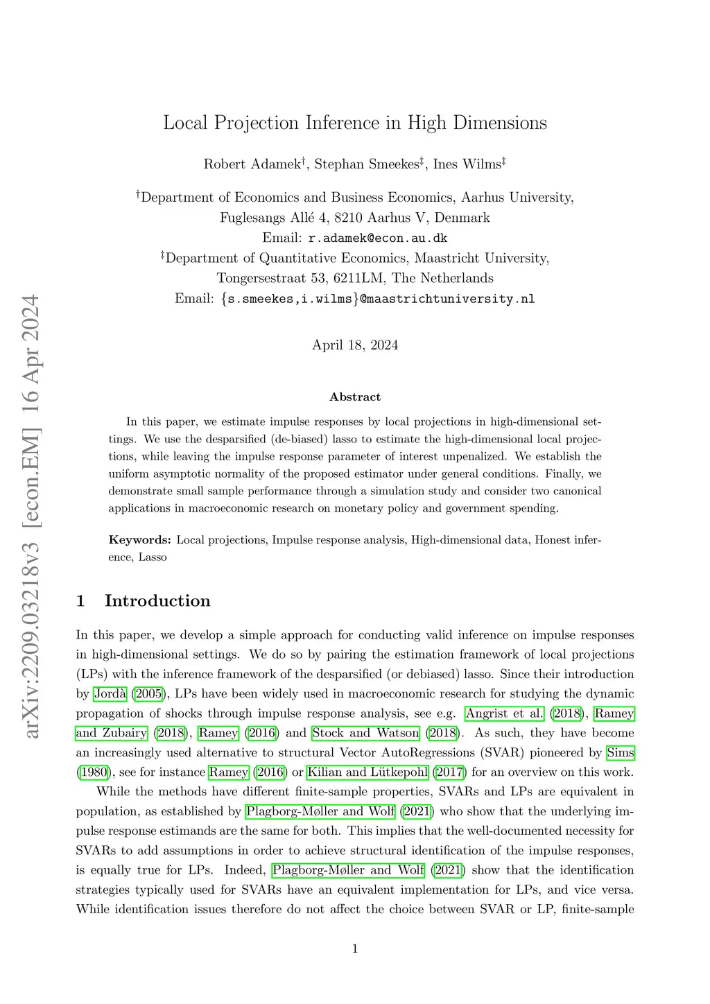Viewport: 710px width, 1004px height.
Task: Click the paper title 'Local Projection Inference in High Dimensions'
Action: click(x=355, y=123)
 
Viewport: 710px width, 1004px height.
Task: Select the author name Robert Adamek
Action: click(x=252, y=164)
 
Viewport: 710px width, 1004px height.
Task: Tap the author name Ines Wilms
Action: click(x=467, y=164)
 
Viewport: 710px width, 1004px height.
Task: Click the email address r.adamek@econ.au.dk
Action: click(x=378, y=238)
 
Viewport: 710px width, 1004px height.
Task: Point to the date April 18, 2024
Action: click(x=355, y=345)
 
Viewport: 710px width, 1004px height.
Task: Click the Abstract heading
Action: click(x=355, y=397)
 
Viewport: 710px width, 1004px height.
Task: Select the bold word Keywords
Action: click(x=139, y=539)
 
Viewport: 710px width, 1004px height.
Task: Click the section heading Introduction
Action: click(x=157, y=600)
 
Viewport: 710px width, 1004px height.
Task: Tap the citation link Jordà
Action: click(x=110, y=693)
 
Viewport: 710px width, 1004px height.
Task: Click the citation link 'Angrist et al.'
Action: click(x=505, y=713)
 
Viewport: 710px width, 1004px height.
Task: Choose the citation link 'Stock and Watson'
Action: click(x=366, y=733)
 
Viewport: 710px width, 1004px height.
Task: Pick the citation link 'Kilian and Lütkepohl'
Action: click(x=367, y=772)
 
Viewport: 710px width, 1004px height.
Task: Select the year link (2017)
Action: click(x=449, y=772)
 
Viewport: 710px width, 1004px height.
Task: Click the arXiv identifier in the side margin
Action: click(x=31, y=516)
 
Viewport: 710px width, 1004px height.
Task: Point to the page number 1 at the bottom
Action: click(x=355, y=949)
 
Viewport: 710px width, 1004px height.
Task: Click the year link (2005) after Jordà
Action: click(x=148, y=693)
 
